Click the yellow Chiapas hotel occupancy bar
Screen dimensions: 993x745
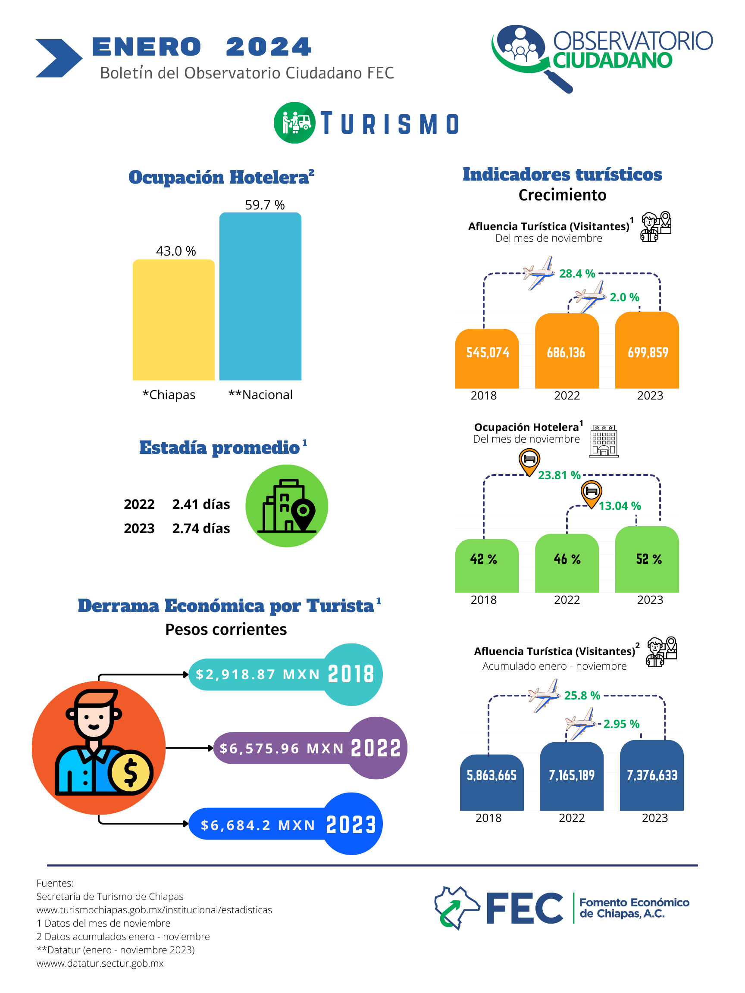(x=173, y=320)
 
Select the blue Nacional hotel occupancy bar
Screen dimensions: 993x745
(x=260, y=296)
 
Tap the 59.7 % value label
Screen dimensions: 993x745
(x=264, y=205)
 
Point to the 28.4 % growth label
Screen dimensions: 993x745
(x=576, y=273)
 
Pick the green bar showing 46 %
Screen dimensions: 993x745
(x=567, y=563)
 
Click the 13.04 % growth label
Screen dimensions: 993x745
(x=620, y=506)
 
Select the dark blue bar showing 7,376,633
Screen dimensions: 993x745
(x=651, y=775)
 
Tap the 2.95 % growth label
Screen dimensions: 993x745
(x=621, y=724)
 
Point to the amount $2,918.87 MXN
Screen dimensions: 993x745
(x=258, y=674)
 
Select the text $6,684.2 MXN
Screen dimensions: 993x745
(x=258, y=825)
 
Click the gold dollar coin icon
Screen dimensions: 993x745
(x=130, y=772)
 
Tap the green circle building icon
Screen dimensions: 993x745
(x=287, y=506)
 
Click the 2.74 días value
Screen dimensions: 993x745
(x=201, y=528)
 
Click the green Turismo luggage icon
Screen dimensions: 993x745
(x=294, y=122)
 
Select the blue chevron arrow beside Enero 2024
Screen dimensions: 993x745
(x=58, y=58)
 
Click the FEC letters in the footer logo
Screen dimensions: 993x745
(x=525, y=908)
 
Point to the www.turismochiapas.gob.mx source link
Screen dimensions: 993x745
(x=154, y=910)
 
